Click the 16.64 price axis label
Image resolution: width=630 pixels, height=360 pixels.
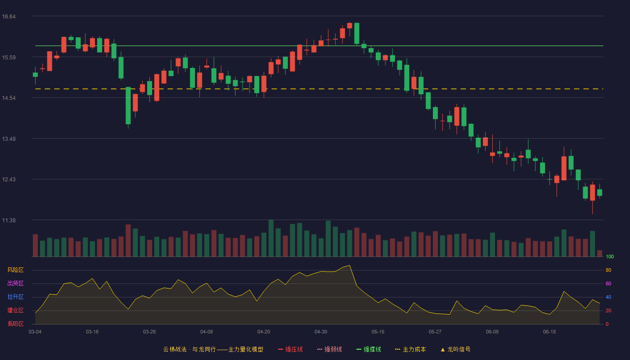pos(9,17)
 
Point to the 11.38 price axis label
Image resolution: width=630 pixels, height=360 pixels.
pos(9,220)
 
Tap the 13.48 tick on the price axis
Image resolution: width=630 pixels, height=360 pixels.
pos(9,139)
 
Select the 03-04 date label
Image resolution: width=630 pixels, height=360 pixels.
pos(35,332)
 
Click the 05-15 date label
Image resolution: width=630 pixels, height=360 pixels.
pos(378,332)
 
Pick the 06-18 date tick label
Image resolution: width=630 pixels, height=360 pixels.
pos(549,332)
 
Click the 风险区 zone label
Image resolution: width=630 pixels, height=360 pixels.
pos(15,270)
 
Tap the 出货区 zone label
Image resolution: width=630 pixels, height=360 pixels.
pos(15,283)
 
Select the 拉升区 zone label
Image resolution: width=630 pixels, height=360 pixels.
pos(15,297)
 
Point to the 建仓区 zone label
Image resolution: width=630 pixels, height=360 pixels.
pos(15,310)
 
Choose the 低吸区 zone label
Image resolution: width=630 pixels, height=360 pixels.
pos(15,324)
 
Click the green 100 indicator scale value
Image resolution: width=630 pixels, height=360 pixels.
pos(610,256)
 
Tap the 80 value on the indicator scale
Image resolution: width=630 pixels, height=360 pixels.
pos(608,270)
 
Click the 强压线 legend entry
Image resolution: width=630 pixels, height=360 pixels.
pos(290,349)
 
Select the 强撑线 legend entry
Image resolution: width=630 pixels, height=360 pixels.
pos(369,349)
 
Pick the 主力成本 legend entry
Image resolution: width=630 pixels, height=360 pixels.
pos(410,349)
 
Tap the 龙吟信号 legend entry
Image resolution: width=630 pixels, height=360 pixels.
pos(455,349)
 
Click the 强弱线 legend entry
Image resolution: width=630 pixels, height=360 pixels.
pos(329,349)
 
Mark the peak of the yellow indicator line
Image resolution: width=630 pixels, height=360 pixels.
pos(349,265)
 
